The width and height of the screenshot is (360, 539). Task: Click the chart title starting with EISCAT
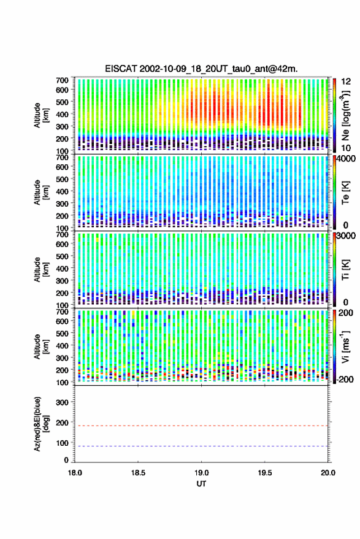[x=201, y=69]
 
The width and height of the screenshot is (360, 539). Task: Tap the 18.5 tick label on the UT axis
[x=138, y=473]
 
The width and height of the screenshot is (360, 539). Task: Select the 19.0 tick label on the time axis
[x=201, y=473]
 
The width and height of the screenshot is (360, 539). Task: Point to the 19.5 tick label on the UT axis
[x=264, y=473]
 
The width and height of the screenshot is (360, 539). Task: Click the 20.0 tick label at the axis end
[x=327, y=473]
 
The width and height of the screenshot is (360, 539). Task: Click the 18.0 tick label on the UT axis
[x=75, y=473]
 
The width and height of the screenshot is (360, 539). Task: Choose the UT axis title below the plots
[x=201, y=484]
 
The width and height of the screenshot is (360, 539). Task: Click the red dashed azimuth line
[x=201, y=426]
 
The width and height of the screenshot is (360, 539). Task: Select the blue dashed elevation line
[x=201, y=446]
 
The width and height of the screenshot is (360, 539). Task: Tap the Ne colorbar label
[x=345, y=115]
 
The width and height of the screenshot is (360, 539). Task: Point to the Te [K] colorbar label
[x=345, y=193]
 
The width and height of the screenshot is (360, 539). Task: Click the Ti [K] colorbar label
[x=345, y=270]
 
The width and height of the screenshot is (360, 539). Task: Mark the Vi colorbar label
[x=345, y=346]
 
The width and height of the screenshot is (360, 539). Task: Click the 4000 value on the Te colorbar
[x=346, y=158]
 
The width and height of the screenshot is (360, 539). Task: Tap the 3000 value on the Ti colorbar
[x=346, y=236]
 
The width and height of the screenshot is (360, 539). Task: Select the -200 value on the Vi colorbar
[x=344, y=379]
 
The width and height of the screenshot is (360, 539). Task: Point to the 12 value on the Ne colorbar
[x=346, y=82]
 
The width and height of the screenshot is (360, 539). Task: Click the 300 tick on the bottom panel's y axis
[x=62, y=402]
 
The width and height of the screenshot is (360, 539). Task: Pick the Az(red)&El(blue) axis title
[x=40, y=424]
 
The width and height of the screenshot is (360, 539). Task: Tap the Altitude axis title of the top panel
[x=40, y=115]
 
